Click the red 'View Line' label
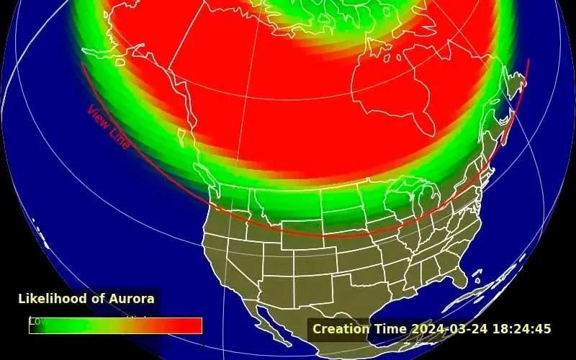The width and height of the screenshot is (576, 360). pos(109,128)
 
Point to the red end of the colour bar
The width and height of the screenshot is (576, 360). pos(191,326)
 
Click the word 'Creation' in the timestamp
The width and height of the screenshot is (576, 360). pos(341,329)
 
